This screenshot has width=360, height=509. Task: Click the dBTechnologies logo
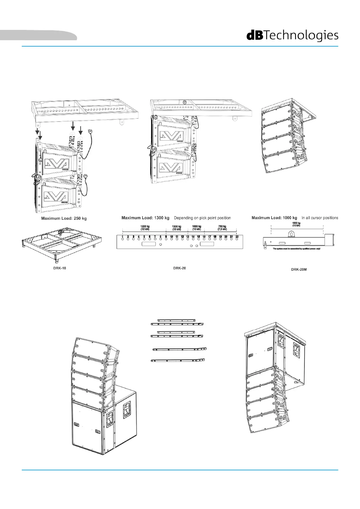(x=293, y=35)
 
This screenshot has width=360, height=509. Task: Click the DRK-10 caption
(x=60, y=268)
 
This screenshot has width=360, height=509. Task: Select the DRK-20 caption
(x=179, y=268)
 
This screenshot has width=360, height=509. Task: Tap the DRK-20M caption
(x=299, y=269)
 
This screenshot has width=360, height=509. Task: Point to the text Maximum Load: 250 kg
(x=64, y=218)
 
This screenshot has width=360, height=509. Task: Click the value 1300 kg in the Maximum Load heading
(x=162, y=218)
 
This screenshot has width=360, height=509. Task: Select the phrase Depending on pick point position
(x=202, y=218)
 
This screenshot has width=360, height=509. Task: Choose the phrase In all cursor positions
(x=320, y=218)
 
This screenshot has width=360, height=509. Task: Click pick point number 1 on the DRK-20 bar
(x=122, y=238)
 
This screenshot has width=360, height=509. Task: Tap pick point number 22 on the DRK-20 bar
(x=237, y=238)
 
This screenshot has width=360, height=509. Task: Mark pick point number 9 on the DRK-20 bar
(x=166, y=238)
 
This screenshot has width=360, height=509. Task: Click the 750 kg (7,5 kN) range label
(x=222, y=228)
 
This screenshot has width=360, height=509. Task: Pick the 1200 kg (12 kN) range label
(x=145, y=228)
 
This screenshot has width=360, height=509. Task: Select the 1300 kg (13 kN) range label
(x=177, y=228)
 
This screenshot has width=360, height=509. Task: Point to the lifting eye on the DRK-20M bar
(x=292, y=235)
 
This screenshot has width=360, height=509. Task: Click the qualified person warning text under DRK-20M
(x=296, y=248)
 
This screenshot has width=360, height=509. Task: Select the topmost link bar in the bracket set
(x=176, y=320)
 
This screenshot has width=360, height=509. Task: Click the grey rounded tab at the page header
(x=38, y=35)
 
